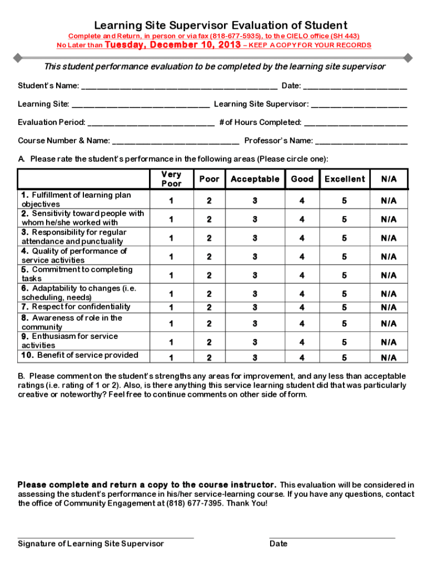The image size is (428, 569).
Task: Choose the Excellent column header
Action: pos(345,179)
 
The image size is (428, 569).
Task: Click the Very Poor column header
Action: pos(171,179)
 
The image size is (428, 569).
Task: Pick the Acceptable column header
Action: pos(255,179)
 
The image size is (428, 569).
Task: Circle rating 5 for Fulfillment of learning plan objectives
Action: pos(345,201)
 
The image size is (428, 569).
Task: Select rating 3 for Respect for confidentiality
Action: pos(255,307)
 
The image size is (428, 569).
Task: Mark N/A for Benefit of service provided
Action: pos(389,358)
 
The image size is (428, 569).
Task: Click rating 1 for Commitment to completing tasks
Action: pos(171,275)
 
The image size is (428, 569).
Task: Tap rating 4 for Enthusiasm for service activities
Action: pos(302,342)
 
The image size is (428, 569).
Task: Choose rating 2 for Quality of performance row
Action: pos(209,257)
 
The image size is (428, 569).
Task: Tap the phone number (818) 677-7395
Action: pos(192,503)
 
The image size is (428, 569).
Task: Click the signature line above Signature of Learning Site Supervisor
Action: pos(106,537)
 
